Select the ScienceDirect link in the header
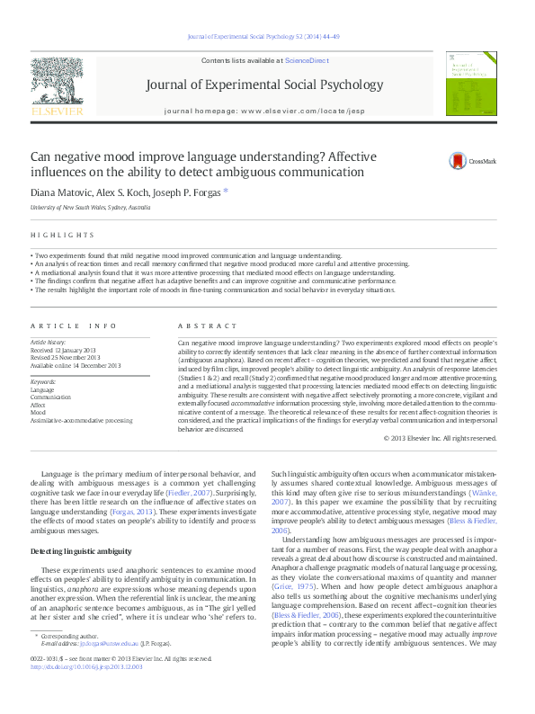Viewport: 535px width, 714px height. click(x=307, y=59)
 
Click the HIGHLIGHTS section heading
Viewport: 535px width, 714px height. click(x=62, y=235)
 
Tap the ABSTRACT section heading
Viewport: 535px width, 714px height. click(x=199, y=326)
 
